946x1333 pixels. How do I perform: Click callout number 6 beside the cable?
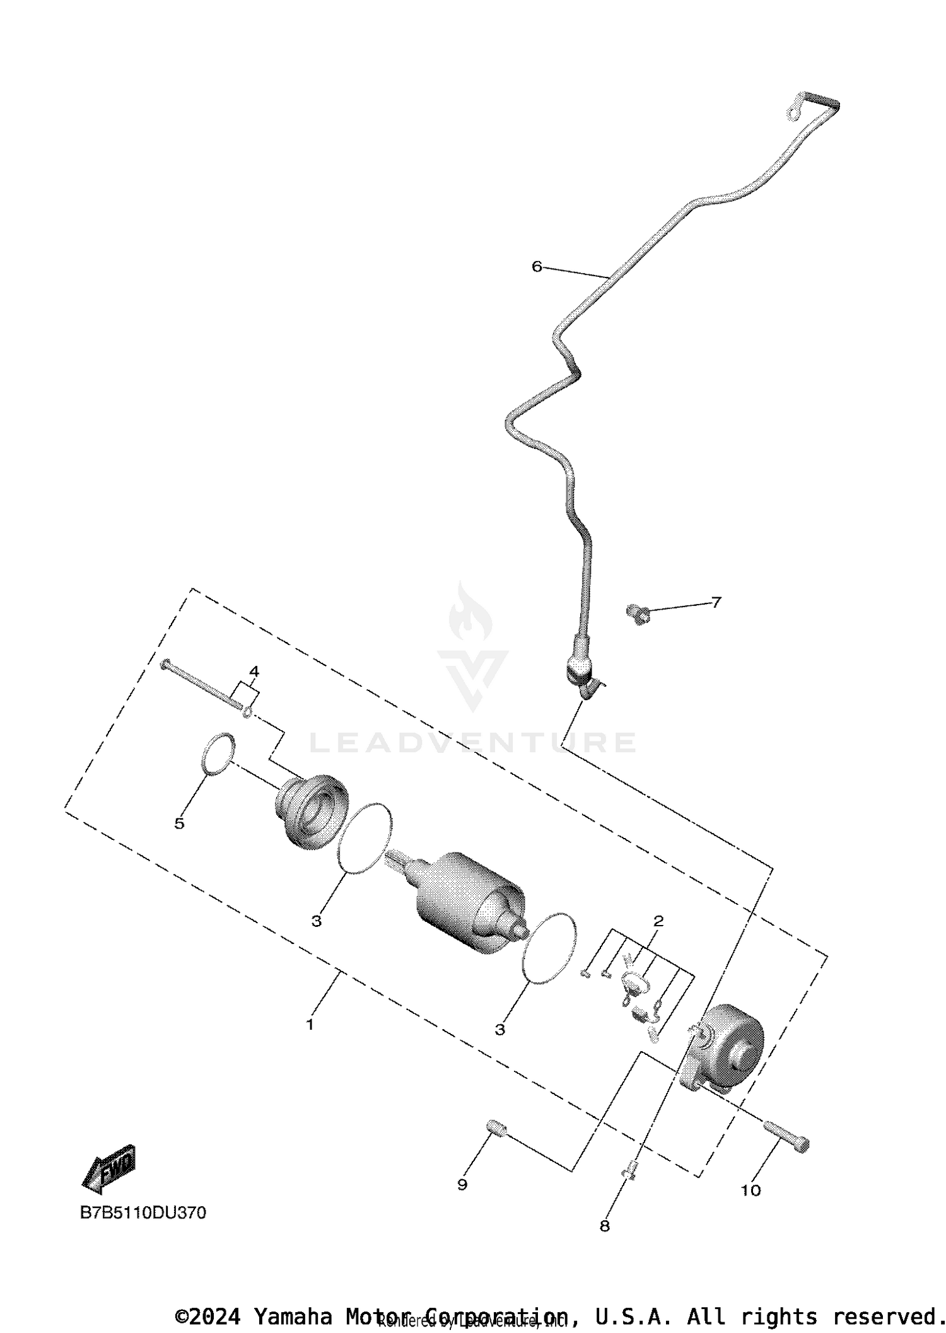click(537, 267)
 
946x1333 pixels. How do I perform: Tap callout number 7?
click(716, 602)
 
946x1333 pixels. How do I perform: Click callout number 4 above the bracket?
click(254, 672)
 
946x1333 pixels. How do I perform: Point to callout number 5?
click(180, 824)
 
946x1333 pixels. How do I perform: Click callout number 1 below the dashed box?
click(310, 1025)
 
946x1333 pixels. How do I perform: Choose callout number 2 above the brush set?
click(658, 921)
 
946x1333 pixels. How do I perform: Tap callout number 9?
click(462, 1185)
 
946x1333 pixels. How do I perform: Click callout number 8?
click(604, 1226)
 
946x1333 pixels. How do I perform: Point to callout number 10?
click(751, 1190)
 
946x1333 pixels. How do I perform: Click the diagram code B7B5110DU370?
click(143, 1213)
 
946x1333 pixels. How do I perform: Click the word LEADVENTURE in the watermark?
click(472, 743)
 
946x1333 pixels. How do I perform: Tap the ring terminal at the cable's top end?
click(795, 108)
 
